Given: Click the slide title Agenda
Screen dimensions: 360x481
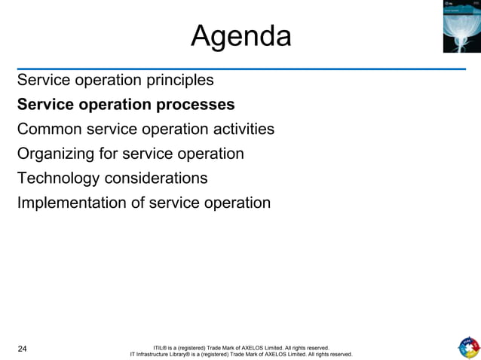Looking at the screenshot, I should coord(240,35).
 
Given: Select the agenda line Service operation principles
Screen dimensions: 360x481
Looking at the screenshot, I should coord(115,80).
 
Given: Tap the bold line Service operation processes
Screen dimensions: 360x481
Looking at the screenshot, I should coord(126,104).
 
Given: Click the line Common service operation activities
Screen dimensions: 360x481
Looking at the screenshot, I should coord(146,129).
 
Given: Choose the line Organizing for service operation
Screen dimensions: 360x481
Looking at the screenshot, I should coord(130,154).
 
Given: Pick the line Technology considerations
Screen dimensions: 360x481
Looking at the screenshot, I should coord(112,178).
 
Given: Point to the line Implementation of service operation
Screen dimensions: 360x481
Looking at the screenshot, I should coord(143,203).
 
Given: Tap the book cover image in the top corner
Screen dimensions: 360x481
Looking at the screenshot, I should coord(461,26).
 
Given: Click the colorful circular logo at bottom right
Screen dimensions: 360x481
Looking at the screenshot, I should coord(468,347).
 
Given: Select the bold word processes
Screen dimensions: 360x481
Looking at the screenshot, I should coord(195,104).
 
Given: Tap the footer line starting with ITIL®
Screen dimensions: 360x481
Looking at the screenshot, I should coord(240,347).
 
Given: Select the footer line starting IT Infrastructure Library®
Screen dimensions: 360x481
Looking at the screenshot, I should coord(240,354).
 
